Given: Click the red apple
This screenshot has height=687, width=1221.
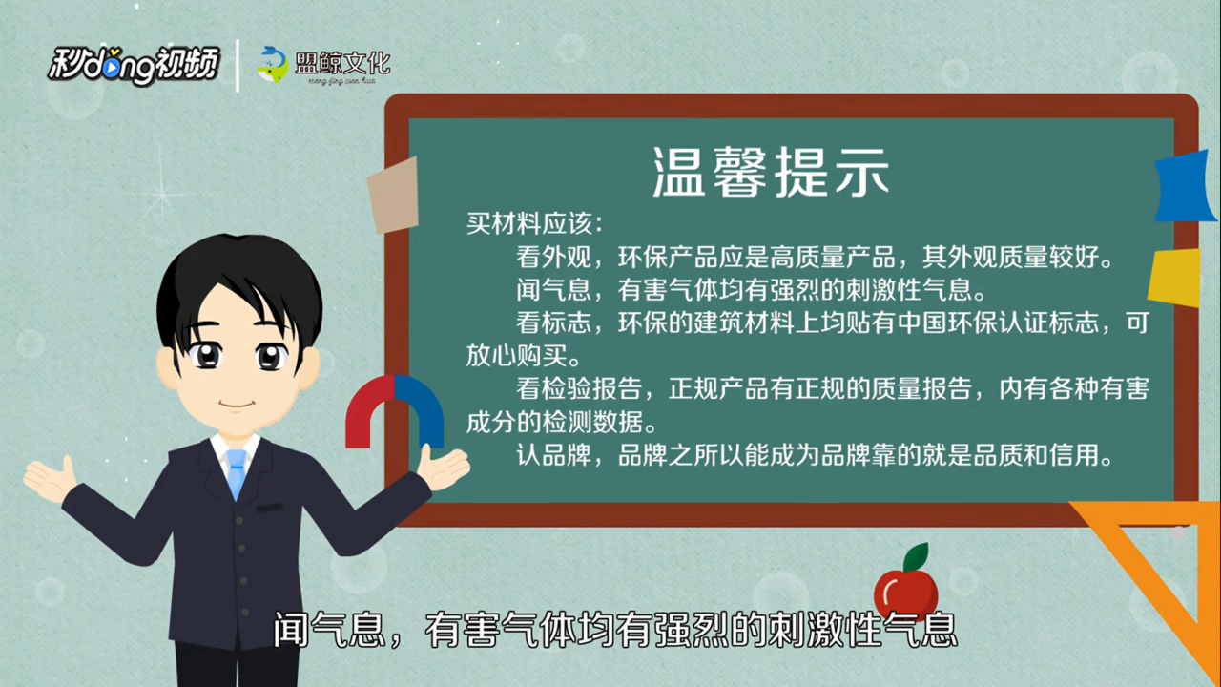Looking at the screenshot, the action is [905, 593].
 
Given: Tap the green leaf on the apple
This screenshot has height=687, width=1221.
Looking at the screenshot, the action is [917, 556].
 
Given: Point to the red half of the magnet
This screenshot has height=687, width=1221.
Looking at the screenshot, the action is [369, 410].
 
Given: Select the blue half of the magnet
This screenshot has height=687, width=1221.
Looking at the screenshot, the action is [420, 410].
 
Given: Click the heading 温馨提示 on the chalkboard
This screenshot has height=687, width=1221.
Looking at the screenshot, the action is [772, 173].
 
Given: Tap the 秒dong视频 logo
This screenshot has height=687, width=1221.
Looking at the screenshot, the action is [135, 66].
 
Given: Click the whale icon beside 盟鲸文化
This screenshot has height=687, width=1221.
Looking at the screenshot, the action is [273, 65].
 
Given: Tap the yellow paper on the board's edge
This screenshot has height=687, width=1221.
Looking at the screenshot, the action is [1175, 278].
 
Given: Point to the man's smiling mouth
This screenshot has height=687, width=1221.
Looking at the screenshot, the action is [237, 405].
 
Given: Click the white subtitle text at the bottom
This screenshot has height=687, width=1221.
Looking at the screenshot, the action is [615, 631].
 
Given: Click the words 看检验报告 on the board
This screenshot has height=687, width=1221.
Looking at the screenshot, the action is [579, 388].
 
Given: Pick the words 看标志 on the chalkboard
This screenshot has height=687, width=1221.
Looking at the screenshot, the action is [554, 323].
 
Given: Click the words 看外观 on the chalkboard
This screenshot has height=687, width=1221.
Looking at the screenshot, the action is [554, 257].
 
